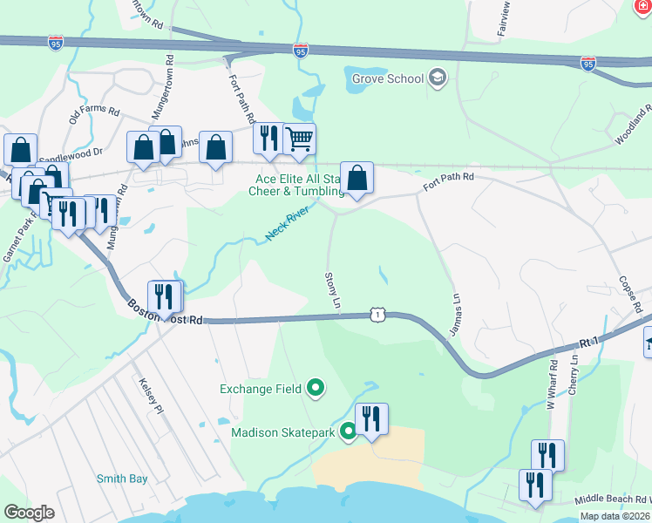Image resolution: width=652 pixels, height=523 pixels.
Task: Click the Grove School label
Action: coord(388,79)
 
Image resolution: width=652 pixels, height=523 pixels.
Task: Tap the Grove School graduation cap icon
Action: coord(438,79)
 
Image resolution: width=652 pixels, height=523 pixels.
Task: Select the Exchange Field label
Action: coord(261,389)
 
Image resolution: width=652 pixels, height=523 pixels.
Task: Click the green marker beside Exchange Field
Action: coord(316,389)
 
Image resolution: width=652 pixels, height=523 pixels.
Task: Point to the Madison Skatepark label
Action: coord(283,432)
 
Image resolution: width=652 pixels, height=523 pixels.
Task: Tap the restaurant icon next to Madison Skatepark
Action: coord(371,419)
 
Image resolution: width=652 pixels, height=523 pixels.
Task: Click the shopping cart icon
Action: coord(299,139)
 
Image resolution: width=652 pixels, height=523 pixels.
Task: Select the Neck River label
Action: coord(288,223)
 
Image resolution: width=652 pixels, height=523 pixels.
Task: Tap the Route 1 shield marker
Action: coord(377,312)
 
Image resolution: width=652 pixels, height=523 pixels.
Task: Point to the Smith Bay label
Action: coord(122,479)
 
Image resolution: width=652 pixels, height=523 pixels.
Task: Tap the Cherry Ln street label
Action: coord(573,374)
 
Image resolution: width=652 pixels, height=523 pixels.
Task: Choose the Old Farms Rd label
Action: coord(94,111)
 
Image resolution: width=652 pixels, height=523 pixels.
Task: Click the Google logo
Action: coord(30,513)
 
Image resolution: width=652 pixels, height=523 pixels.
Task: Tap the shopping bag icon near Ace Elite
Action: coord(357,179)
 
